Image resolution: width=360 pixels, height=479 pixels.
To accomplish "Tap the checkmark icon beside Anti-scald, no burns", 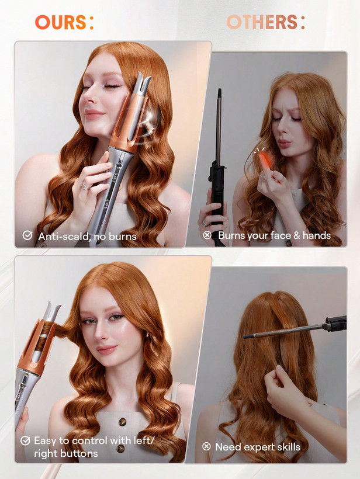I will (27, 235).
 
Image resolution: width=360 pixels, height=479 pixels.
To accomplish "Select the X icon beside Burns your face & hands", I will (207, 235).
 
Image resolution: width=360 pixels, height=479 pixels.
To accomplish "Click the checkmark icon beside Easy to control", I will (25, 440).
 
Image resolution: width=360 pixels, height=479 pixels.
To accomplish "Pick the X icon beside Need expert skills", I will (206, 446).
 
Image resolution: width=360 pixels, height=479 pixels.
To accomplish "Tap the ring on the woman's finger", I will (85, 186).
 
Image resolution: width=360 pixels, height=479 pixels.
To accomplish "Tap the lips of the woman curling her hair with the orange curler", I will (108, 349).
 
